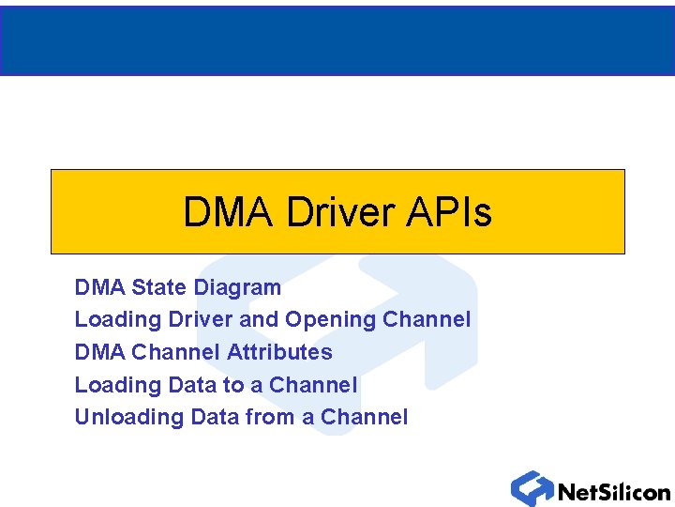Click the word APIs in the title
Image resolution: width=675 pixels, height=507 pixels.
click(x=449, y=213)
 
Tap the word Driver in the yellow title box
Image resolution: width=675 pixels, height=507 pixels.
click(x=340, y=213)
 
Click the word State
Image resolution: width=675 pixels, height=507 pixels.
click(x=158, y=287)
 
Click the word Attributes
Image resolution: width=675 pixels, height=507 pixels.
click(x=279, y=352)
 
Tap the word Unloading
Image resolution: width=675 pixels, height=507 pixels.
click(x=129, y=418)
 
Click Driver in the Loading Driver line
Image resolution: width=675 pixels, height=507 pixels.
click(x=202, y=319)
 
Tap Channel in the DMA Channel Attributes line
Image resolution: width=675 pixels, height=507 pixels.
click(x=176, y=352)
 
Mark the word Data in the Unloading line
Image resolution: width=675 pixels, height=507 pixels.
click(x=215, y=417)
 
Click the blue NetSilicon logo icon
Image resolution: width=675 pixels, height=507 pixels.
click(x=532, y=488)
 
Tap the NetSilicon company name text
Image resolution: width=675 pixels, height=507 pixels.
click(x=614, y=491)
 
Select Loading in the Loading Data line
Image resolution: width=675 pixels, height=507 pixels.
click(x=118, y=385)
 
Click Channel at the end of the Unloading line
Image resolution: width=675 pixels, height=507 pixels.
click(x=364, y=417)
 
